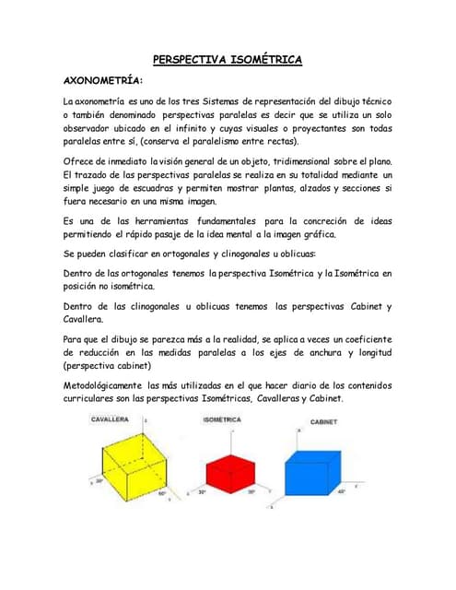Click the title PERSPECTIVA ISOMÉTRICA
228,60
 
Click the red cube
227,469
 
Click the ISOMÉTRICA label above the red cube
221,419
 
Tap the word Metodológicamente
115,384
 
